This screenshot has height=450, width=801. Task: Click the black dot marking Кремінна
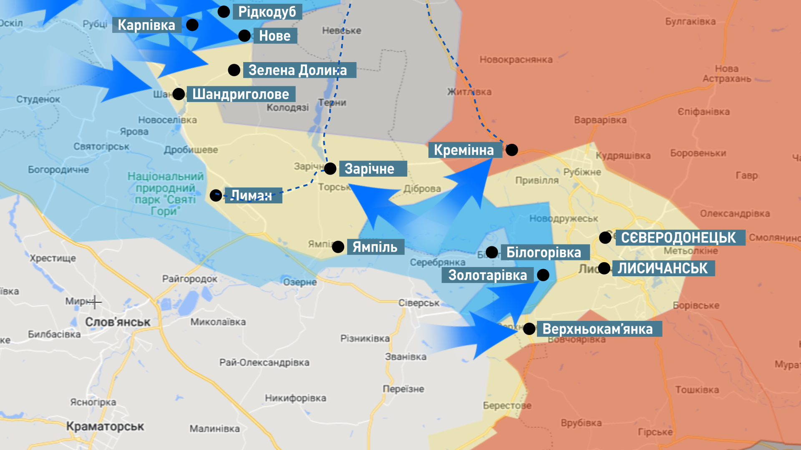click(x=512, y=150)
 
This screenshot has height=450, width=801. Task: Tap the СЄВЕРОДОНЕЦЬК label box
click(x=680, y=237)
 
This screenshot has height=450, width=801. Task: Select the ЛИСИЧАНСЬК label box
click(x=663, y=268)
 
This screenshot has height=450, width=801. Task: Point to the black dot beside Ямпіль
click(x=338, y=247)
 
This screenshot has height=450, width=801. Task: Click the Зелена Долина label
click(x=298, y=70)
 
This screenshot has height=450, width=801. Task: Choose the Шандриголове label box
click(x=241, y=94)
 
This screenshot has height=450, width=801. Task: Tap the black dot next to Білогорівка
click(x=492, y=252)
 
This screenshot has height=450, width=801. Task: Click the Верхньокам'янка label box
click(x=598, y=329)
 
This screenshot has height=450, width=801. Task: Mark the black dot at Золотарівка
click(x=543, y=275)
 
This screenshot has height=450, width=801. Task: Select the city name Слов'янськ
click(x=118, y=322)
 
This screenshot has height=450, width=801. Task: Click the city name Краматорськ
click(x=105, y=426)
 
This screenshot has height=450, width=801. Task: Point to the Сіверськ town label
click(x=418, y=303)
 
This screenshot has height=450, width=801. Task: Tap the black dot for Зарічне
click(x=330, y=169)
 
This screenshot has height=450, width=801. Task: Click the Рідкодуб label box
click(x=267, y=12)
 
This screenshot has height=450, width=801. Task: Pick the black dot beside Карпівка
click(x=192, y=25)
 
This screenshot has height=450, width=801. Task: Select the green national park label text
click(x=166, y=194)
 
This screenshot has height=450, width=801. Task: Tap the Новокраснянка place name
click(x=516, y=60)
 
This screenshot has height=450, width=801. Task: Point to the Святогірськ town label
click(x=101, y=147)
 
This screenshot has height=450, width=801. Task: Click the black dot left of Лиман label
click(x=216, y=195)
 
